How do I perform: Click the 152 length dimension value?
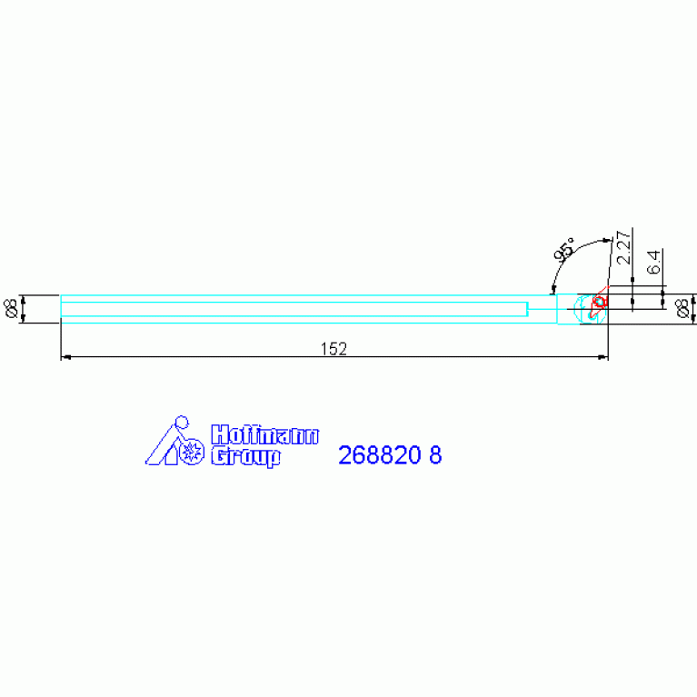334,349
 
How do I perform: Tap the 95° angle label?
564,249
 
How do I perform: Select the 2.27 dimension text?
623,247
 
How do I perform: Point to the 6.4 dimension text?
653,263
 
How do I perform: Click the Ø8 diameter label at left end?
11,308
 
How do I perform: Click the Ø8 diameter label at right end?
682,308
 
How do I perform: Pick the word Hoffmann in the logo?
264,434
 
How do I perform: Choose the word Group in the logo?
245,456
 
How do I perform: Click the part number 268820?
379,455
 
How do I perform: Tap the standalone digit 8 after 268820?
435,455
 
